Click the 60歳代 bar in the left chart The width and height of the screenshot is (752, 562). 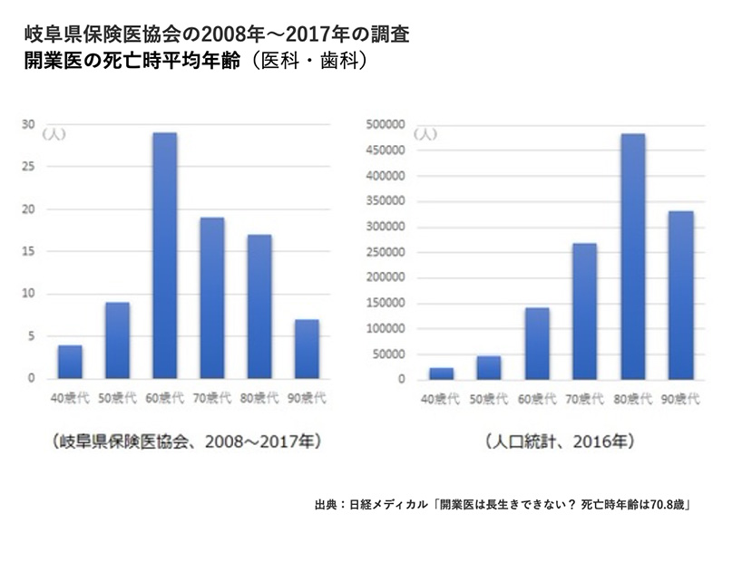[164, 256]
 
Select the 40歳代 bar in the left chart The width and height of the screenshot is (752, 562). [70, 362]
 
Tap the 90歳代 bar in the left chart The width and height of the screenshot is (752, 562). [306, 349]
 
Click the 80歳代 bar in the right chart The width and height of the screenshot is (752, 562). [632, 257]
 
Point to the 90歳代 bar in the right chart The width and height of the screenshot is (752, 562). [679, 295]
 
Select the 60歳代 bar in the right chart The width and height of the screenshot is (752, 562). [537, 344]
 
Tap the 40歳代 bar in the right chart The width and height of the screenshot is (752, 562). [443, 373]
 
